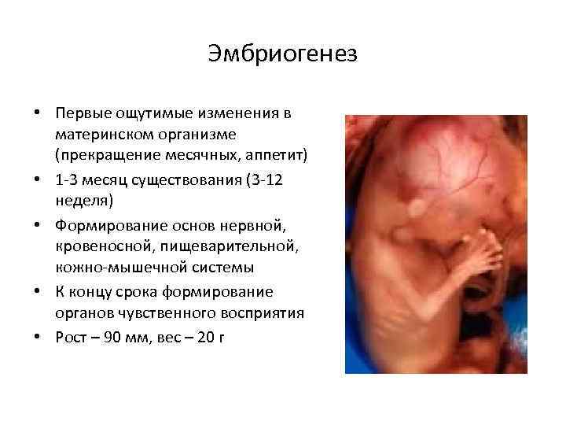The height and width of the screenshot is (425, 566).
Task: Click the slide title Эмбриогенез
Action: [x=283, y=54]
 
